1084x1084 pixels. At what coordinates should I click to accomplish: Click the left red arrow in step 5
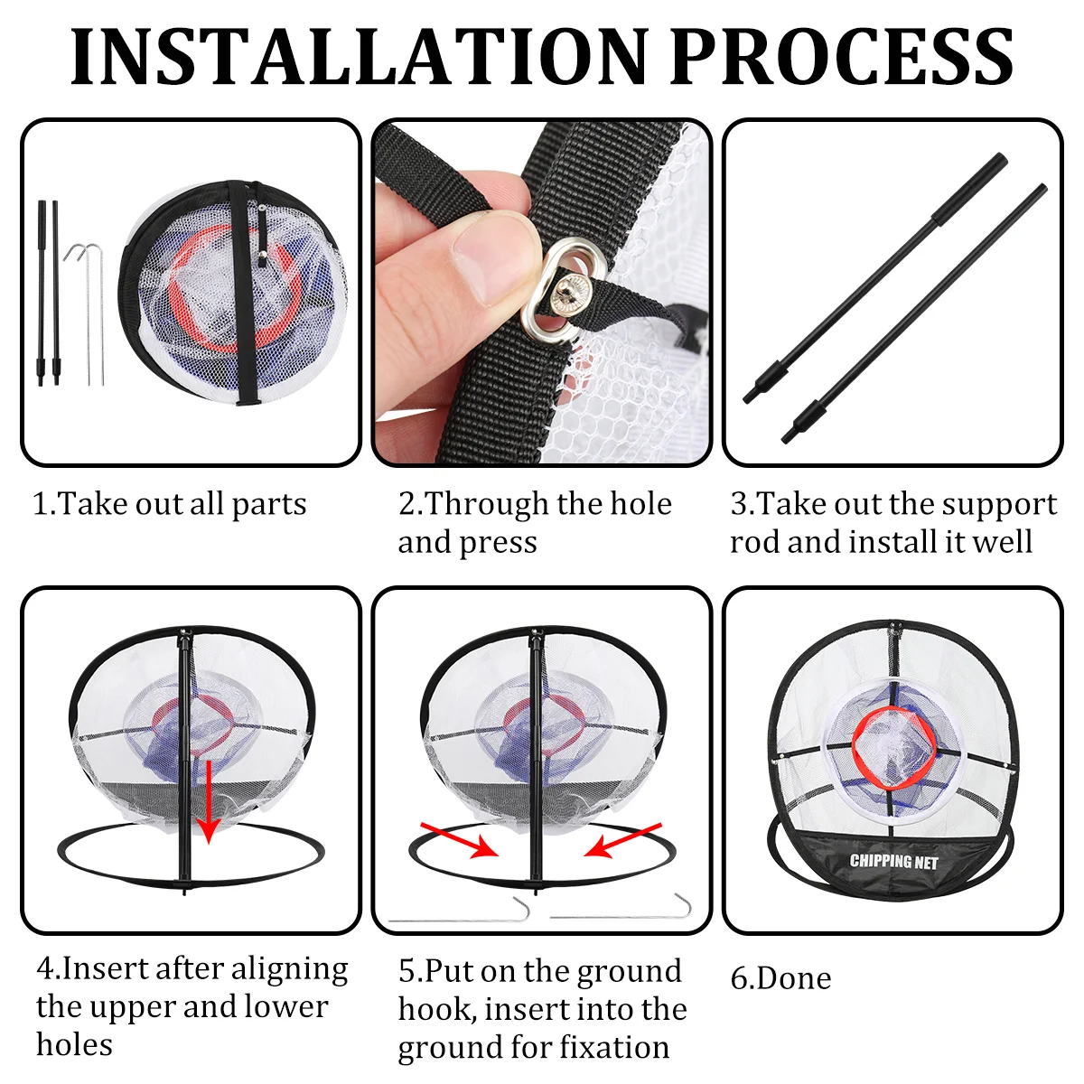point(459,839)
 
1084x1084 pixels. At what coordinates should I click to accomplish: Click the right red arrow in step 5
point(622,840)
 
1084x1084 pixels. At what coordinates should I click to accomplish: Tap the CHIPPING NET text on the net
point(893,862)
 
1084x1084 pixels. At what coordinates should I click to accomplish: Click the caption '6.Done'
point(780,979)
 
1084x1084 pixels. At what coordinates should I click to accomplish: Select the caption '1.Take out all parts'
point(169,504)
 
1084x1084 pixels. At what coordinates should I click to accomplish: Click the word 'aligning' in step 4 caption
point(289,970)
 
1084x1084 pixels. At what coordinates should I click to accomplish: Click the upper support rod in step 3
point(874,278)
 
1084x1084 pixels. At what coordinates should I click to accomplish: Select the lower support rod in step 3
point(914,313)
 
